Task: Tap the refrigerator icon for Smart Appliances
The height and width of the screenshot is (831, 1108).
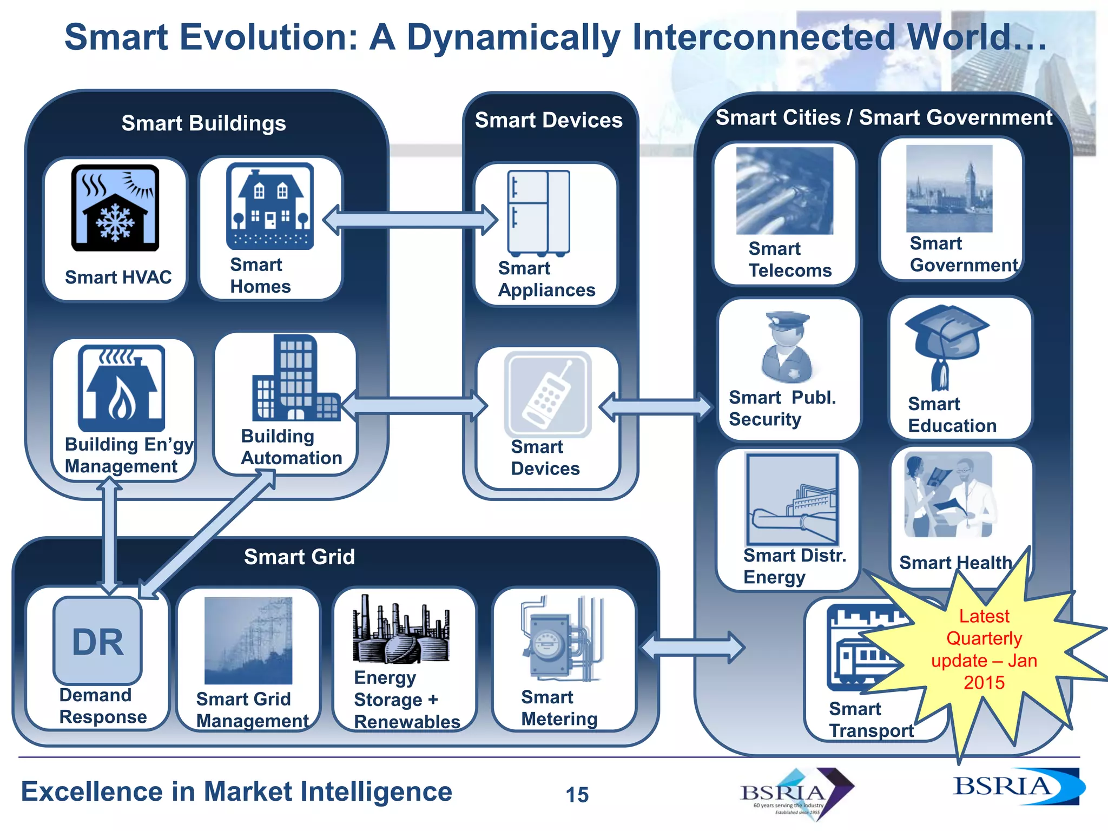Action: point(538,213)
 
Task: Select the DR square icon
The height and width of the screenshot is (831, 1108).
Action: point(97,641)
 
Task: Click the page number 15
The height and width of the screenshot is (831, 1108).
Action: point(577,795)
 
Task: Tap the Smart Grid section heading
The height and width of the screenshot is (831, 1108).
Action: point(299,557)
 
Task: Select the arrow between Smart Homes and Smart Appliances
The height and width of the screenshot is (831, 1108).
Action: point(410,220)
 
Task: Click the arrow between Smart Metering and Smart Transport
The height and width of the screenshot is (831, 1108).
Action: point(692,647)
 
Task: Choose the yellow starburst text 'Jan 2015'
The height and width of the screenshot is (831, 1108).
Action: point(985,672)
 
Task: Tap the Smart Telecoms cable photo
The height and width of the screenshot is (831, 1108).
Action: point(784,190)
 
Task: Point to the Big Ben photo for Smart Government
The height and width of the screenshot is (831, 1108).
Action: point(949,188)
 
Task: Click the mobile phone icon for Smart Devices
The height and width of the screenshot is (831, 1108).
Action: point(548,394)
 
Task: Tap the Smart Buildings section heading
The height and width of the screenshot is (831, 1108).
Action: point(203,123)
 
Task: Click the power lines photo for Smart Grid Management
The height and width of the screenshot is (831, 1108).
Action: point(248,640)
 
